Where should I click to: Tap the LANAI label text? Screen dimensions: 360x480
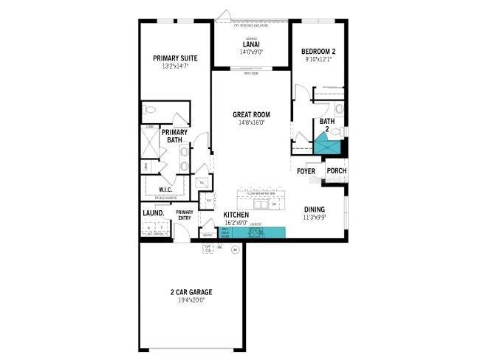pos(250,44)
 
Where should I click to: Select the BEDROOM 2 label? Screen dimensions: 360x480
pos(319,51)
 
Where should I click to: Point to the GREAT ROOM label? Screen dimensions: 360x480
pos(251,114)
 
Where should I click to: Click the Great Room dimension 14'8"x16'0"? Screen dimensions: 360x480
pos(251,123)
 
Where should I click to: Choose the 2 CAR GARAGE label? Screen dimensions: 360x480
pos(191,292)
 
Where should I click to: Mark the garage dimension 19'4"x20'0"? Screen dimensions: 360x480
pos(191,301)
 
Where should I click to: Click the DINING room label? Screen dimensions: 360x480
pos(314,209)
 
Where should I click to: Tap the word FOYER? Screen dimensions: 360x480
pos(306,171)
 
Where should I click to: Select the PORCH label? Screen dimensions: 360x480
pos(336,171)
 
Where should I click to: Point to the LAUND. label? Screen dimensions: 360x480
pos(153,214)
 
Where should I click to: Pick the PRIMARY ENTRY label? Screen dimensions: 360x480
pos(185,215)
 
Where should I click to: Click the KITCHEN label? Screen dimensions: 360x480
pos(236,215)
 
